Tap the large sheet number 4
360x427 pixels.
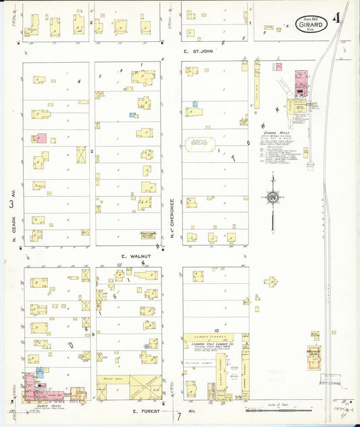[337, 18]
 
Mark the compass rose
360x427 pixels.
[273, 197]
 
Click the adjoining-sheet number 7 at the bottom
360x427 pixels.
[179, 416]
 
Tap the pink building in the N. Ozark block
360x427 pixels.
[40, 138]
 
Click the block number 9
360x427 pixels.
[93, 333]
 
